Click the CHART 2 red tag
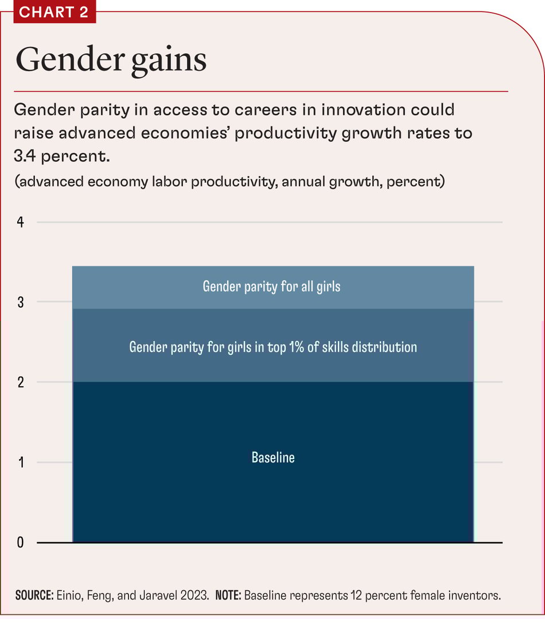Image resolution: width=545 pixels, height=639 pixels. [54, 12]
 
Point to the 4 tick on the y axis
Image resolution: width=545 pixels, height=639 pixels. [20, 222]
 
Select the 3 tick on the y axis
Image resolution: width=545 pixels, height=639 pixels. [20, 302]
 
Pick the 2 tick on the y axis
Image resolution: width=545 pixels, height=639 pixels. [20, 382]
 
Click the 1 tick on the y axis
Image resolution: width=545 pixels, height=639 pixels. [20, 462]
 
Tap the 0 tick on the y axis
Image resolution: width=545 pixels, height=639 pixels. [20, 542]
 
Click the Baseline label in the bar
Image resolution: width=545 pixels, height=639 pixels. [273, 457]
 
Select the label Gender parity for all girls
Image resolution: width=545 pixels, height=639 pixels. [271, 286]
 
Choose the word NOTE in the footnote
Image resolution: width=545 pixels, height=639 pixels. [228, 595]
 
